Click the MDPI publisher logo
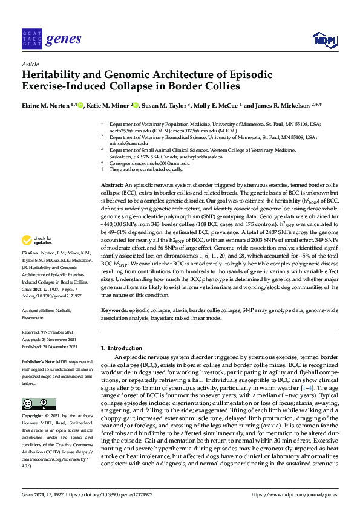click(x=326, y=40)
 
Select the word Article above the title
click(x=30, y=63)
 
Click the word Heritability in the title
click(x=53, y=75)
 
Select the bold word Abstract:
click(x=111, y=183)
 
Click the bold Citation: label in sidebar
click(x=30, y=269)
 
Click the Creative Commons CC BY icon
click(x=34, y=403)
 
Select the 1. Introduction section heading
click(x=122, y=349)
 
